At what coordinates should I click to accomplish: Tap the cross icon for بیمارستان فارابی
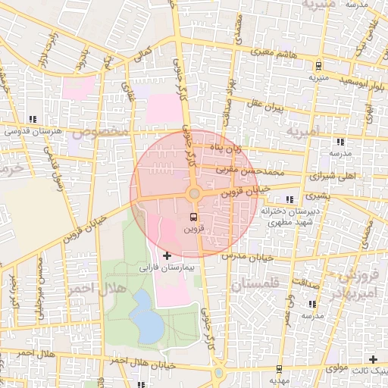(167, 256)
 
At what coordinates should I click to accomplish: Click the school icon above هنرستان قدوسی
(32, 120)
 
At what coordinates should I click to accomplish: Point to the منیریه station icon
(318, 65)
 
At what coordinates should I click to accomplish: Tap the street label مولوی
(336, 368)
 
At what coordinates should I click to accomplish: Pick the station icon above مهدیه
(280, 369)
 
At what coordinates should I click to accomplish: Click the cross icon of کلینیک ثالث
(372, 359)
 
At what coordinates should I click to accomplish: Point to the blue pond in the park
(146, 315)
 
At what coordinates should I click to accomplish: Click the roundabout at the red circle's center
(194, 194)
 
